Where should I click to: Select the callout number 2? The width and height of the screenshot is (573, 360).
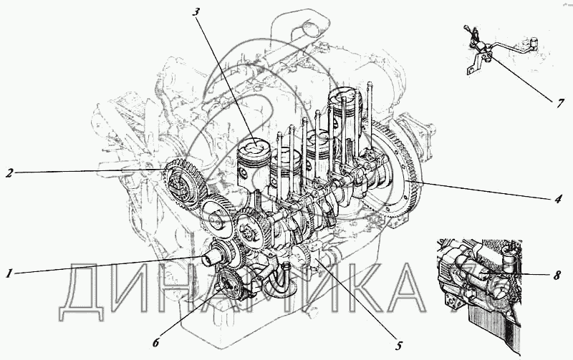click(x=9, y=172)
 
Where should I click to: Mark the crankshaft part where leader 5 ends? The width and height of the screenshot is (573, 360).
click(x=318, y=259)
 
